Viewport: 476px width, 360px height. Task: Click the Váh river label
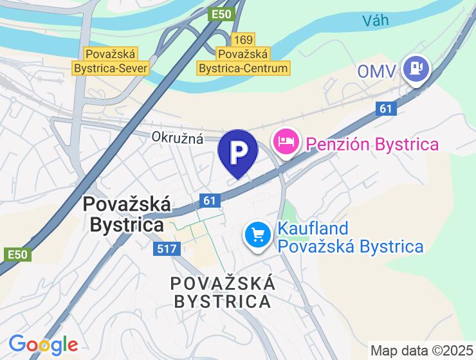point(376,21)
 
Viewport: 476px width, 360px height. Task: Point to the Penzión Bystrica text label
point(372,143)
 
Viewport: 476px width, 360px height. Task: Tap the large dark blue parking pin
point(238,152)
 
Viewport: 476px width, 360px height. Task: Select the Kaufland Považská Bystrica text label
point(350,237)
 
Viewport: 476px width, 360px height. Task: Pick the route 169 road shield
point(244,40)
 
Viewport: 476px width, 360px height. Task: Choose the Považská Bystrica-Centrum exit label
point(244,61)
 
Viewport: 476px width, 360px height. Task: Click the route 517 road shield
point(163,248)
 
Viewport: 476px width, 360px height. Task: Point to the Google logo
point(43,345)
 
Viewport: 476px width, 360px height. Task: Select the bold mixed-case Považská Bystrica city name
point(127,215)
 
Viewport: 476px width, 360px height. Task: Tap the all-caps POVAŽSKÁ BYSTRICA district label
point(222,292)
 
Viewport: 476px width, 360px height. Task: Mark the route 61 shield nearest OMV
point(385,109)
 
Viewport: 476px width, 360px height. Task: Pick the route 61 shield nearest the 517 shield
point(208,201)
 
